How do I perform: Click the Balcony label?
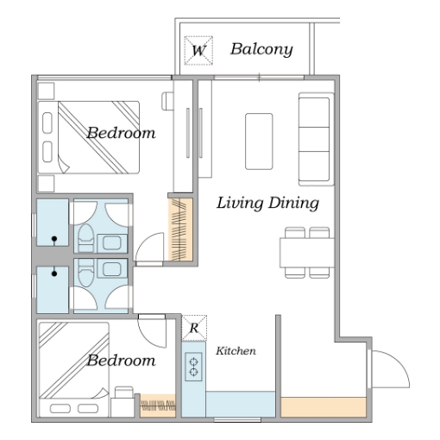(x=261, y=49)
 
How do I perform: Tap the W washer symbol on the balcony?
(x=198, y=50)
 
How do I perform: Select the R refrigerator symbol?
(x=194, y=328)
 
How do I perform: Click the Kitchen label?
(x=236, y=351)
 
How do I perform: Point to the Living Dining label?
(x=267, y=203)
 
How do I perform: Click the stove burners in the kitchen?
(x=193, y=367)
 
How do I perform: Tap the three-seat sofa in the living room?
(x=316, y=139)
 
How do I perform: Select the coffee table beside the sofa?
(x=259, y=141)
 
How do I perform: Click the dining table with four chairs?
(x=307, y=253)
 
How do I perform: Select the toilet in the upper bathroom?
(x=85, y=237)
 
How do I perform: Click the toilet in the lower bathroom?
(x=85, y=273)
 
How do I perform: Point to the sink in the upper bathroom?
(x=112, y=243)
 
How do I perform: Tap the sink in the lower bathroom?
(x=112, y=269)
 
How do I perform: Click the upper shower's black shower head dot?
(x=54, y=239)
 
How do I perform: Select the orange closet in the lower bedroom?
(x=158, y=405)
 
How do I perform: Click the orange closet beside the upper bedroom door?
(x=180, y=229)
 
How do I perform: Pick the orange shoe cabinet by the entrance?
(x=324, y=407)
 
